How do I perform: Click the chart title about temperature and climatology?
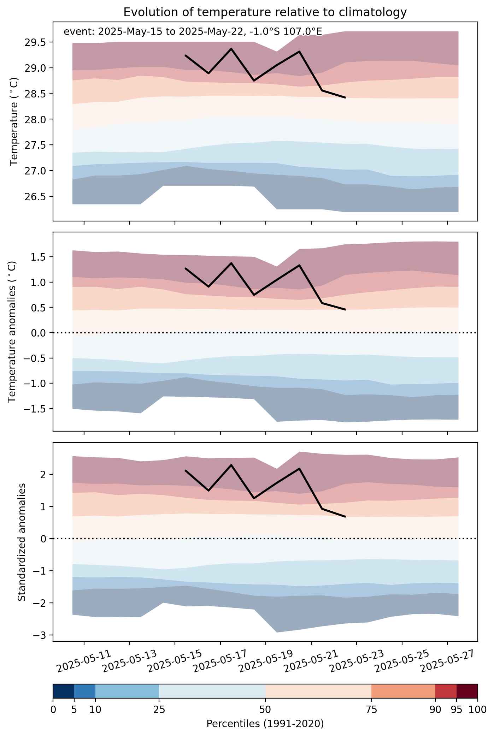point(265,13)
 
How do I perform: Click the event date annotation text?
point(193,32)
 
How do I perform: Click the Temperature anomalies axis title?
point(12,331)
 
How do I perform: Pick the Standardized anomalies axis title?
point(22,542)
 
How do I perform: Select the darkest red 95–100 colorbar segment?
point(467,692)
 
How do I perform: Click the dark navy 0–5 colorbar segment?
point(64,692)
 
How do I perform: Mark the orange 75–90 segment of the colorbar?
point(403,692)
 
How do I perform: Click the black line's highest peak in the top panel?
point(231,49)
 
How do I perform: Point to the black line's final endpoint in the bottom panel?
point(345,517)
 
